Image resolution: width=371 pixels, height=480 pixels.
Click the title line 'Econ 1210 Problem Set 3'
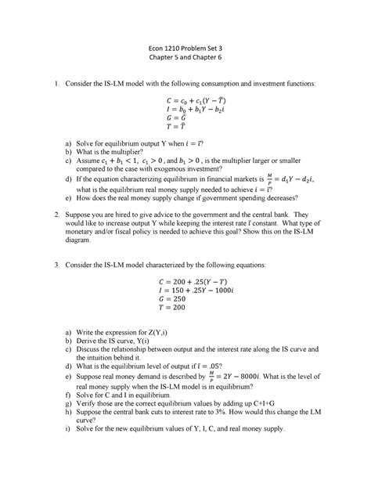pos(185,49)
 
